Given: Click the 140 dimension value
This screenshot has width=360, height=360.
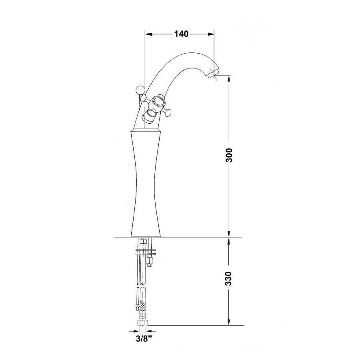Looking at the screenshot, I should click(181, 34).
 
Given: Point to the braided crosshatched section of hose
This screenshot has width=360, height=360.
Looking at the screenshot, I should click(142, 310).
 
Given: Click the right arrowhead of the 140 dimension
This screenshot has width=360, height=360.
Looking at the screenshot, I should click(211, 34).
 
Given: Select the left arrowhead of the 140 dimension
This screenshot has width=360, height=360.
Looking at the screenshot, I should click(148, 34).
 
